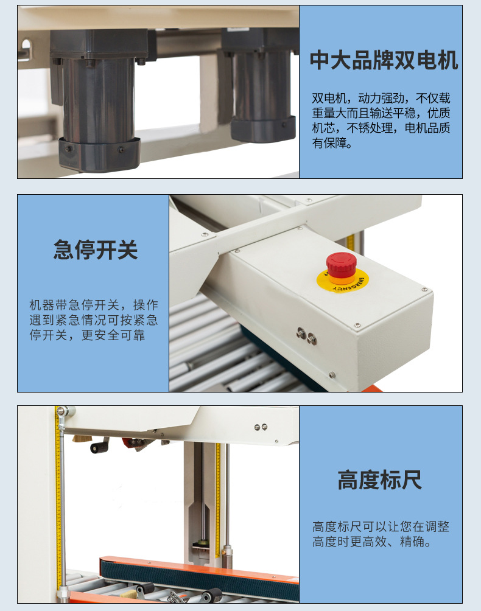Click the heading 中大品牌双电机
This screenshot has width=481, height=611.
pyautogui.click(x=384, y=60)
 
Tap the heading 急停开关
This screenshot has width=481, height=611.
pyautogui.click(x=96, y=250)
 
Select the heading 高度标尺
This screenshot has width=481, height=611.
pyautogui.click(x=380, y=480)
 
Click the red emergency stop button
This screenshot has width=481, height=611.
pyautogui.click(x=341, y=265)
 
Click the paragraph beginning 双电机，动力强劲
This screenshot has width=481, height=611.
pyautogui.click(x=381, y=120)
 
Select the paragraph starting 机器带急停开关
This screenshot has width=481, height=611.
pyautogui.click(x=94, y=320)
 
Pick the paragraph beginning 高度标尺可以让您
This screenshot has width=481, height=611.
pyautogui.click(x=381, y=534)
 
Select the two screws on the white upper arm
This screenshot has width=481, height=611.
pyautogui.click(x=261, y=427)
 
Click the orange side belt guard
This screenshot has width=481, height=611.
pyautogui.click(x=198, y=571)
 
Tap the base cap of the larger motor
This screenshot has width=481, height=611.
pyautogui.click(x=99, y=155)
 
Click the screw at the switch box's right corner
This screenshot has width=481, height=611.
pyautogui.click(x=424, y=290)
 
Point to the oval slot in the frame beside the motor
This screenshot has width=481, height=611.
pyautogui.click(x=26, y=47)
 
